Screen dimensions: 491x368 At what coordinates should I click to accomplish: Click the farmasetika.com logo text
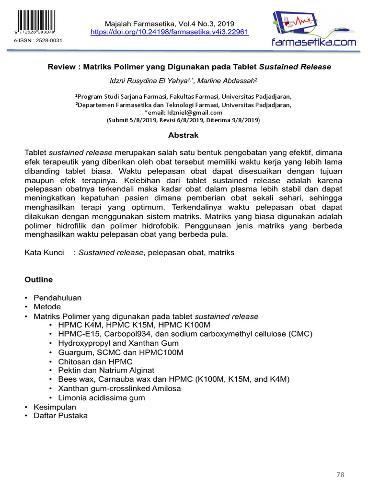(x=314, y=42)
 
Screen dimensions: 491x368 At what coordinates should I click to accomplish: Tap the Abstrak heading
(x=184, y=135)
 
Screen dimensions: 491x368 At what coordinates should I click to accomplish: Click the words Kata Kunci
(x=44, y=252)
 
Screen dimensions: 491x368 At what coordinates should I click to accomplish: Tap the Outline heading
(x=38, y=280)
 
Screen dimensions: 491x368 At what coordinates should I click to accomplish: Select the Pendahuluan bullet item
(x=57, y=298)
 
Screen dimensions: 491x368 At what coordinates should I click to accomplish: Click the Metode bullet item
(x=47, y=307)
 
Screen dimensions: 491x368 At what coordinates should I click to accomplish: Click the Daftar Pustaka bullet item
(x=60, y=416)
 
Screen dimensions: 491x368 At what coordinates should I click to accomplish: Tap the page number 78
(x=340, y=475)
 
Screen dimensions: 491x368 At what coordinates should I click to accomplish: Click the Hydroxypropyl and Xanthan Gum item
(x=118, y=343)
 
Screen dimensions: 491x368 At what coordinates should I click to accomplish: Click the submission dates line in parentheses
(x=184, y=120)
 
